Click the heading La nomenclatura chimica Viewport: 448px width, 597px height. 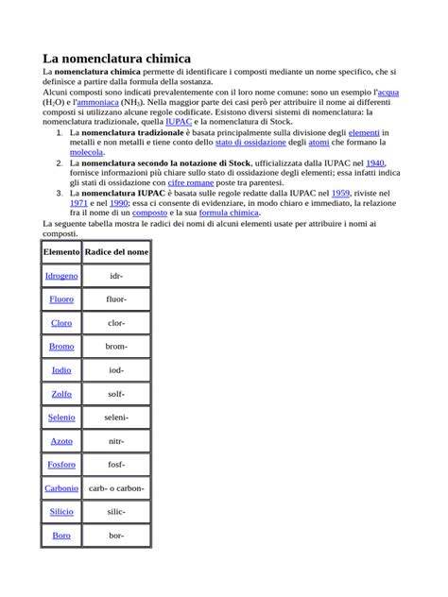pyautogui.click(x=117, y=58)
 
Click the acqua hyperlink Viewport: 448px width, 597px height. pyautogui.click(x=388, y=93)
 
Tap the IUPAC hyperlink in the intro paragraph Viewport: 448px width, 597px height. pyautogui.click(x=178, y=122)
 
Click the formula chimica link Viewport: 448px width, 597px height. pyautogui.click(x=231, y=213)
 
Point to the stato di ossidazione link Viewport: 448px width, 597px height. pyautogui.click(x=250, y=143)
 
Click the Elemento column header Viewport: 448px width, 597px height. pyautogui.click(x=61, y=252)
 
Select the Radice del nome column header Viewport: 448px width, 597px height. pyautogui.click(x=116, y=252)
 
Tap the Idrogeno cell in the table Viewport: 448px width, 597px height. pyautogui.click(x=61, y=276)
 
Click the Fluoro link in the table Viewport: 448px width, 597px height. pyautogui.click(x=61, y=299)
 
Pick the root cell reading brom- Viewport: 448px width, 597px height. pyautogui.click(x=116, y=347)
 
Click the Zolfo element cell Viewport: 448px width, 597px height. pyautogui.click(x=61, y=394)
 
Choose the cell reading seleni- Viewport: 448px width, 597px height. pyautogui.click(x=116, y=417)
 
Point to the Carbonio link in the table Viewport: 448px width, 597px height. pyautogui.click(x=61, y=488)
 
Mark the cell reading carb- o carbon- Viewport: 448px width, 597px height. pyautogui.click(x=116, y=488)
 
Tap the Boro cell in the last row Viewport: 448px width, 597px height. pyautogui.click(x=61, y=536)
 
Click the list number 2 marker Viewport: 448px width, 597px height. pyautogui.click(x=59, y=163)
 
